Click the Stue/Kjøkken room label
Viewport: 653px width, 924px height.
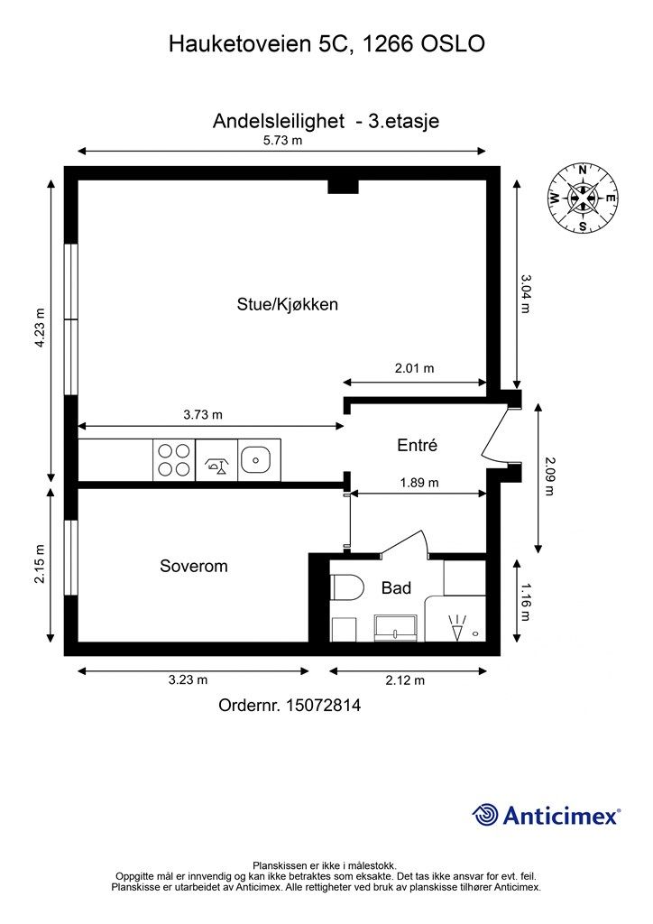pyautogui.click(x=288, y=304)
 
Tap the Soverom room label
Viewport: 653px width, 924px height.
pyautogui.click(x=194, y=566)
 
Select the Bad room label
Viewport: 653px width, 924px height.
pyautogui.click(x=396, y=587)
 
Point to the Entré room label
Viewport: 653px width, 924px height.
pyautogui.click(x=418, y=445)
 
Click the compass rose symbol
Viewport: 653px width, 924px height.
pyautogui.click(x=583, y=198)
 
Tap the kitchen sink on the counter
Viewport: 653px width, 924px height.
pyautogui.click(x=255, y=459)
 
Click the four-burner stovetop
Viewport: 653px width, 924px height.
pyautogui.click(x=174, y=460)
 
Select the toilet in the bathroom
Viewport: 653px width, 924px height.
pyautogui.click(x=346, y=587)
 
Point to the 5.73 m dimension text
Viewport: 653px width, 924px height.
pyautogui.click(x=282, y=140)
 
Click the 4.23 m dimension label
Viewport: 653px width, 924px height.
pyautogui.click(x=40, y=328)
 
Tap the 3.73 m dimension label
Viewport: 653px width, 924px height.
pyautogui.click(x=203, y=415)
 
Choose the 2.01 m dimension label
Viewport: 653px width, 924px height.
pyautogui.click(x=415, y=368)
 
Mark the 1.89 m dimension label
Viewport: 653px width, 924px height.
pyautogui.click(x=419, y=483)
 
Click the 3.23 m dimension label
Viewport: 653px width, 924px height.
pyautogui.click(x=188, y=679)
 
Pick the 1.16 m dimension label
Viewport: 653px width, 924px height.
pyautogui.click(x=525, y=602)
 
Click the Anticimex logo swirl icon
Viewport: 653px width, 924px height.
pyautogui.click(x=485, y=815)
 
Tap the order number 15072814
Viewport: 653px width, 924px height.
pyautogui.click(x=323, y=705)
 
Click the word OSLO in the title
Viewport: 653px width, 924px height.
pyautogui.click(x=453, y=44)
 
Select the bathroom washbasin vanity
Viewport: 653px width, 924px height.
pyautogui.click(x=396, y=628)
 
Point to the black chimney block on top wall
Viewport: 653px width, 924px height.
pyautogui.click(x=344, y=186)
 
